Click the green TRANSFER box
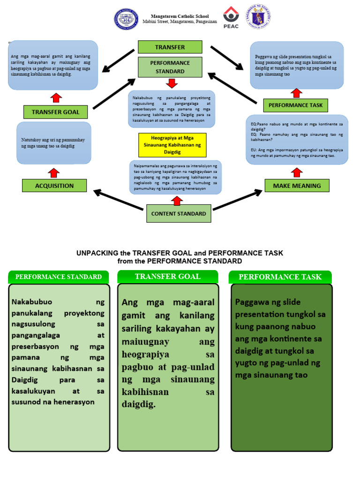pyautogui.click(x=170, y=47)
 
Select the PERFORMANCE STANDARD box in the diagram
pyautogui.click(x=170, y=67)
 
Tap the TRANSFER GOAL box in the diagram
pyautogui.click(x=55, y=112)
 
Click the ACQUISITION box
pyautogui.click(x=54, y=186)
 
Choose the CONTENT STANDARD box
pyautogui.click(x=178, y=213)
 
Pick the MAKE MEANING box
pyautogui.click(x=297, y=186)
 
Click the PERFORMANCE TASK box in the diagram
pyautogui.click(x=295, y=105)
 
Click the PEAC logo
pyautogui.click(x=231, y=18)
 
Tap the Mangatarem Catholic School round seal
pyautogui.click(x=126, y=19)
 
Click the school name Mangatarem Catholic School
pyautogui.click(x=180, y=16)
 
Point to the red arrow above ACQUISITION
pyautogui.click(x=54, y=172)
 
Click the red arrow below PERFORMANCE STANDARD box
pyautogui.click(x=172, y=83)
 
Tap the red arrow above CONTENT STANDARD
pyautogui.click(x=177, y=200)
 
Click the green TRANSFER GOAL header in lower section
pyautogui.click(x=167, y=277)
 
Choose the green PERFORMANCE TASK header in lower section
pyautogui.click(x=280, y=277)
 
